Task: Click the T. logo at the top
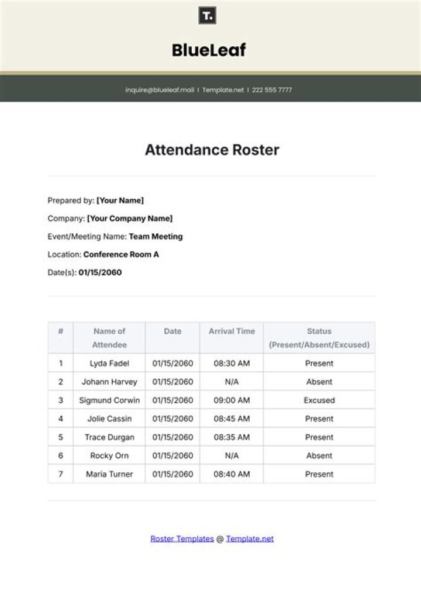coord(208,16)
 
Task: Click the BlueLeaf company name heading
coord(209,50)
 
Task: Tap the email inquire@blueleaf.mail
coord(160,90)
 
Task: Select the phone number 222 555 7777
coord(272,90)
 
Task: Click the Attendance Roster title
coord(212,150)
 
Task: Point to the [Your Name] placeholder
coord(120,201)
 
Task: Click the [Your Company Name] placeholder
coord(130,219)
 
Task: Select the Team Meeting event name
coord(156,237)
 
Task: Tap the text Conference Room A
coord(121,255)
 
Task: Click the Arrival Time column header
coord(232,331)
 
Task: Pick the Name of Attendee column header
coord(109,338)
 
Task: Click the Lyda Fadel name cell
coord(109,363)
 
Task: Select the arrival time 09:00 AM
coord(232,400)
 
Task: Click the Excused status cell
coord(319,400)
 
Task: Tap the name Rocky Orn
coord(109,455)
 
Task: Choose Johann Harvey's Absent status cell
coord(319,382)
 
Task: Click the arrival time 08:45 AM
coord(232,419)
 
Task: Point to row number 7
coord(61,474)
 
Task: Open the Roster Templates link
coord(182,539)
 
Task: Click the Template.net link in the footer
coord(250,539)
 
